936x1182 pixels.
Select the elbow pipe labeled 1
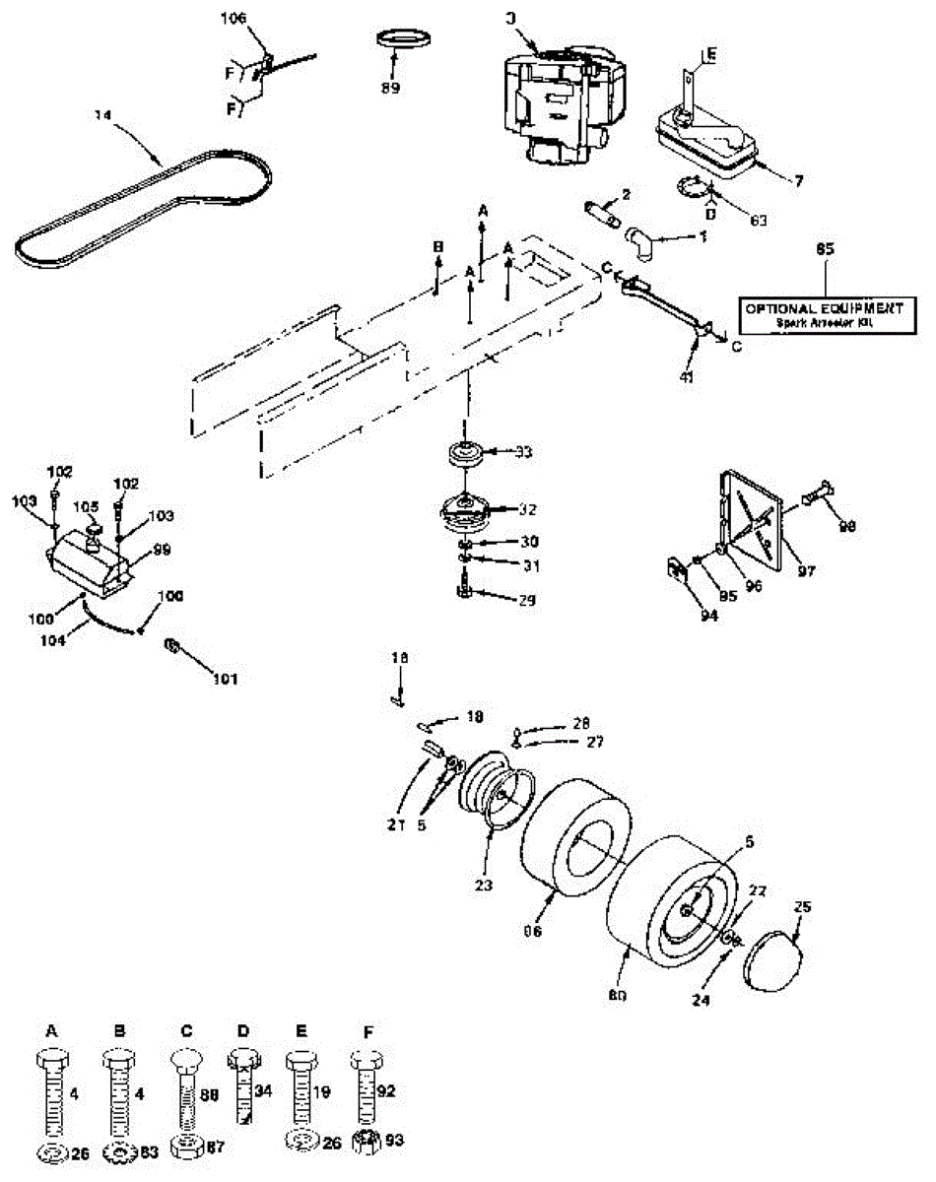(640, 239)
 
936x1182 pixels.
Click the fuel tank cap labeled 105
(92, 532)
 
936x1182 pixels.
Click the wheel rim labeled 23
(498, 788)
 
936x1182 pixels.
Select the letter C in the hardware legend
(186, 1030)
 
